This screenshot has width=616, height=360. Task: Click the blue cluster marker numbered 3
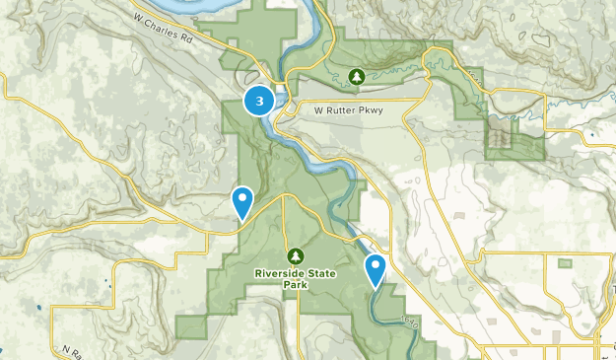pyautogui.click(x=259, y=100)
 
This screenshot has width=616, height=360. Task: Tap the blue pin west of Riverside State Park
pyautogui.click(x=242, y=202)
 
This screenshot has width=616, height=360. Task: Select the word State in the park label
pyautogui.click(x=320, y=273)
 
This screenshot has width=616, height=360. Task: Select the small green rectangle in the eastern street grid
pyautogui.click(x=565, y=263)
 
